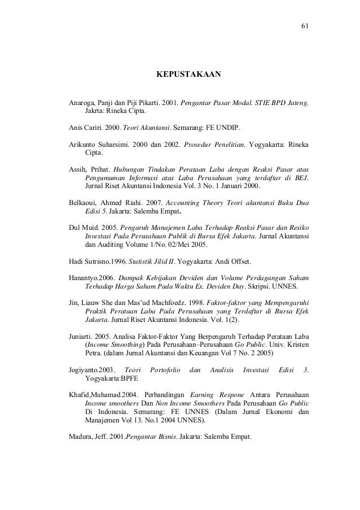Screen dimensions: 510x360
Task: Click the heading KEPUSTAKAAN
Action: pos(188,74)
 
